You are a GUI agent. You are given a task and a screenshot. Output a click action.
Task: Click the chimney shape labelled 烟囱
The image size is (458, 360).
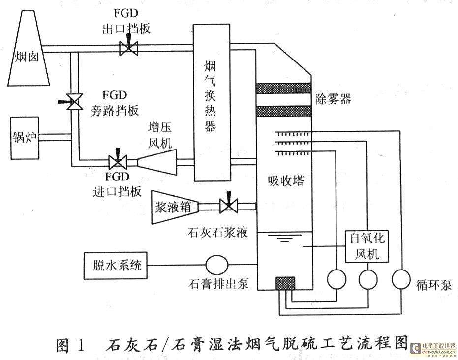[29, 49]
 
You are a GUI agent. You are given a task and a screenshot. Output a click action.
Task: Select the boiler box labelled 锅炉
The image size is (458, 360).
[25, 138]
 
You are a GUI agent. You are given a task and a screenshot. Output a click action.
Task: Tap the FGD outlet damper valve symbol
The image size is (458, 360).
[128, 47]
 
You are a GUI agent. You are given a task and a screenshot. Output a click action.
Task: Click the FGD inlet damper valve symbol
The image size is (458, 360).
[118, 161]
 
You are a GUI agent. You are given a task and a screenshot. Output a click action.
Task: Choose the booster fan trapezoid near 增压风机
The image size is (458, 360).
[157, 162]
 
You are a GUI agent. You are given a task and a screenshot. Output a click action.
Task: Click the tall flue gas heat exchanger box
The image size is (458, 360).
[212, 102]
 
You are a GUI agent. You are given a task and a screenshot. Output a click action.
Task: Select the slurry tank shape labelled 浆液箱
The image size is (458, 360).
[175, 208]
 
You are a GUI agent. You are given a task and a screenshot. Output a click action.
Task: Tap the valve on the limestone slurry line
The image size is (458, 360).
[229, 205]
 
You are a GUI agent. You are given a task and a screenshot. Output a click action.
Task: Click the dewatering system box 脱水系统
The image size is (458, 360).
[116, 266]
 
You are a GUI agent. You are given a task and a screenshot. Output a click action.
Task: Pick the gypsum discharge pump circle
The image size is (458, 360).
[217, 265]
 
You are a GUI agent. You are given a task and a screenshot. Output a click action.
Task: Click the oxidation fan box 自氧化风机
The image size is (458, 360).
[367, 246]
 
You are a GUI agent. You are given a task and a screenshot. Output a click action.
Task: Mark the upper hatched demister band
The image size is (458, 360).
[283, 88]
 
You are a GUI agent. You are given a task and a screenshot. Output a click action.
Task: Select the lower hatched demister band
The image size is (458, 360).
[283, 111]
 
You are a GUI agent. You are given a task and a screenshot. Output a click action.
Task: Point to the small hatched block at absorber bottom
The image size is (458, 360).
[285, 283]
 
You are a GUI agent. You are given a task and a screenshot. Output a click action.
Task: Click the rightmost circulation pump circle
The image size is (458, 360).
[401, 279]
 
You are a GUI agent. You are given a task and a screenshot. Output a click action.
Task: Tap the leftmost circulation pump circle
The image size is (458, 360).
[336, 279]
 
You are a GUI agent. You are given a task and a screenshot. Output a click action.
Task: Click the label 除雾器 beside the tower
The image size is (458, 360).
[333, 99]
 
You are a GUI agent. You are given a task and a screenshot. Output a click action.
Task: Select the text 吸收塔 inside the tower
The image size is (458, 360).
[286, 181]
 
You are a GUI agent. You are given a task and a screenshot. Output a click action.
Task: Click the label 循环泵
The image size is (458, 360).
[434, 285]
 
